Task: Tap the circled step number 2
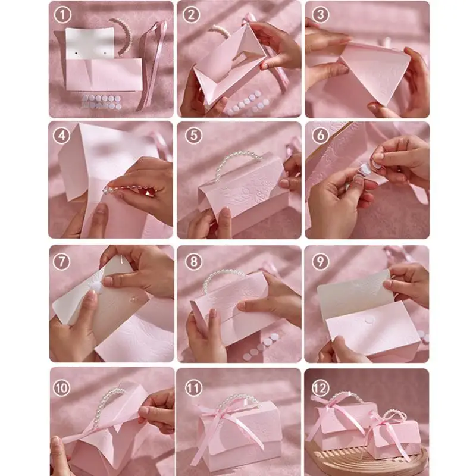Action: pos(190,14)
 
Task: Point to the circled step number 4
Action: pos(61,135)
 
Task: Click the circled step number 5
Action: pos(192,135)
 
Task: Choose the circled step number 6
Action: pos(320,135)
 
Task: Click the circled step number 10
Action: pos(62,388)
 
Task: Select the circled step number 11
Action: pos(192,388)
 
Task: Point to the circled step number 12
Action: pos(320,388)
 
